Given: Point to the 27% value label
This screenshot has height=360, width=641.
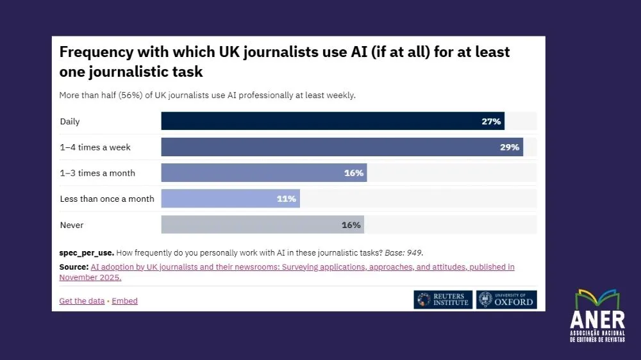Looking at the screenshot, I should [492, 121].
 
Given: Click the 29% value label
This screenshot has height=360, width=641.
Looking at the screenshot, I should [510, 147].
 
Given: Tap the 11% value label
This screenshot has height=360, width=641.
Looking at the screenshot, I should [287, 199].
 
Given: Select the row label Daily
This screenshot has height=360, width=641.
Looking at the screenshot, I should [70, 121].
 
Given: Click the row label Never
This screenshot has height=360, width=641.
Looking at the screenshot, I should [72, 225].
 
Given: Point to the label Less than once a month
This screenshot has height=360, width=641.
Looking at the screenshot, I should [107, 199].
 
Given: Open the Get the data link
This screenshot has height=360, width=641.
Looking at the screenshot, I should [81, 301].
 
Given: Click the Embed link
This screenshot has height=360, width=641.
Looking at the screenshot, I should [125, 301].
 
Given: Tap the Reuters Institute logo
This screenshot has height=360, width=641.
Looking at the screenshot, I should [443, 300].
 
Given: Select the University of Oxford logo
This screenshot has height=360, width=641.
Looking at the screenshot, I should [506, 300].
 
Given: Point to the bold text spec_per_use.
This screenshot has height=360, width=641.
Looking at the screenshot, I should [87, 252].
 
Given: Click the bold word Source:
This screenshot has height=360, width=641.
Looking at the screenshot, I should [74, 266].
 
